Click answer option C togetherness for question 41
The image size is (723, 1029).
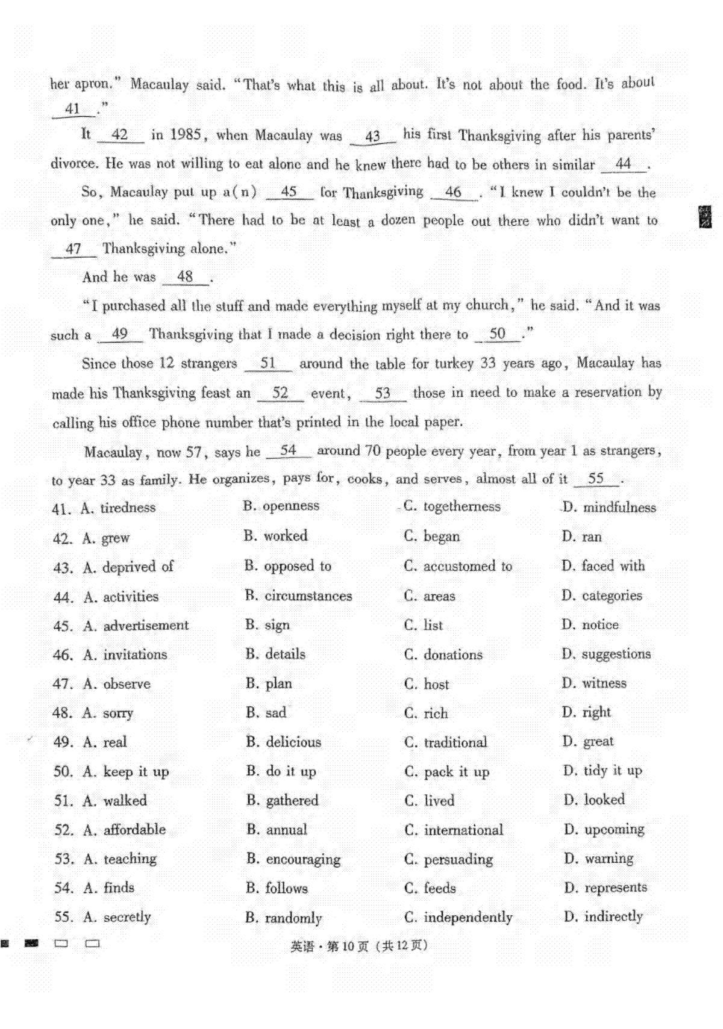tap(452, 506)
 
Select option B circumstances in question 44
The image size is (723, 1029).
tap(298, 596)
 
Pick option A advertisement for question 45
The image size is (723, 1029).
tap(136, 626)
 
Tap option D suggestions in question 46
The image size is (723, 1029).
tap(606, 654)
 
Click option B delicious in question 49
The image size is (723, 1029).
tap(283, 742)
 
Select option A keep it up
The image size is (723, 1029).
tap(126, 771)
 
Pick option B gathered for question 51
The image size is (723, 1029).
tap(282, 801)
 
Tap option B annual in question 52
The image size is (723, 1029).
tap(277, 830)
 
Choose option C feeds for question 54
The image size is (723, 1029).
tap(430, 888)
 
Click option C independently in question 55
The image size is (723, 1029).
tap(458, 918)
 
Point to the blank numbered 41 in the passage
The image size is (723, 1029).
tap(73, 109)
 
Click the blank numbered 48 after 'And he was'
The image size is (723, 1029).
tap(186, 277)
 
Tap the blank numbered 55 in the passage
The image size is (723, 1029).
tap(596, 479)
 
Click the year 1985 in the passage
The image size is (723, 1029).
tap(186, 135)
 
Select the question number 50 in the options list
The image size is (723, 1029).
tap(63, 772)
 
